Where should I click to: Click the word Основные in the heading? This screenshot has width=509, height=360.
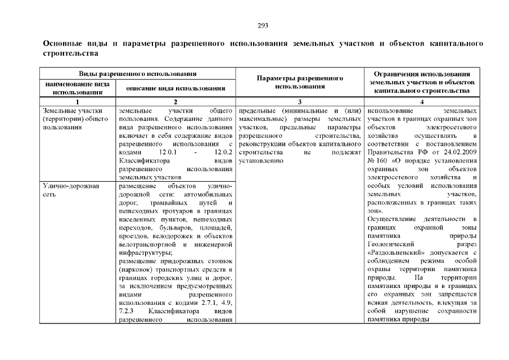coord(63,43)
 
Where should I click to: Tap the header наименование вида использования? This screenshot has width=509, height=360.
coord(77,87)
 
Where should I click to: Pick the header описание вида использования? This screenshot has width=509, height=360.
coord(175,88)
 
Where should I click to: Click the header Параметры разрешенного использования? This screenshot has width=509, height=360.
coord(300,82)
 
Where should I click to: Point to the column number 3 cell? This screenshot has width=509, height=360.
coord(300,101)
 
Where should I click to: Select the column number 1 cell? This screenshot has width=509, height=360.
coord(77,101)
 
